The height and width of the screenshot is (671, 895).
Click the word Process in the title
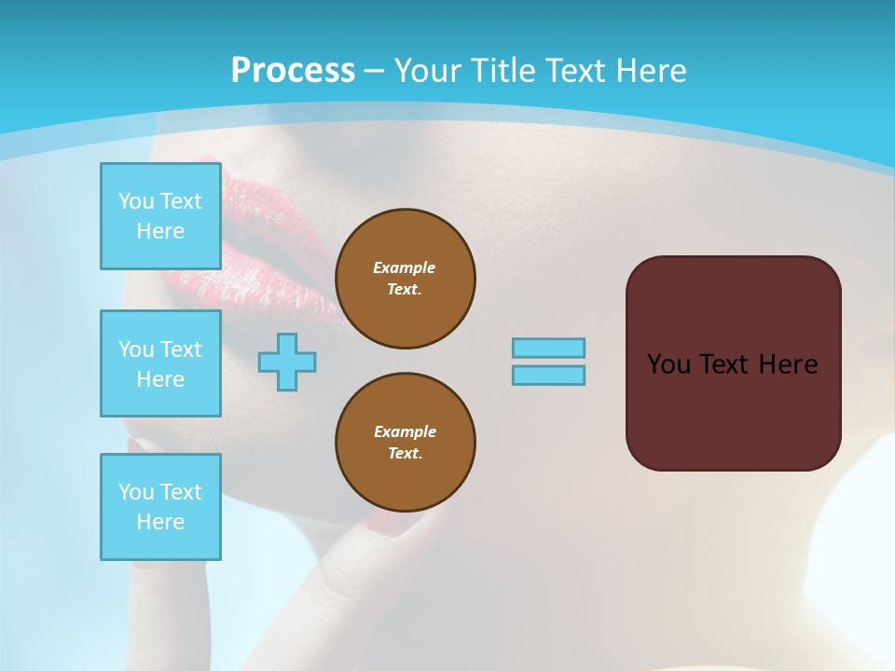[x=293, y=71]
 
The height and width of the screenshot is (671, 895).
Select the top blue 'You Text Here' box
[x=160, y=216]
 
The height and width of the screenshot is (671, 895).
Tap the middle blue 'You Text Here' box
[x=160, y=363]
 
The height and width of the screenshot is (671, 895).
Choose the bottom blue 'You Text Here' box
[x=160, y=506]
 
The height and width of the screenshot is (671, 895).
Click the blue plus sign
[x=287, y=362]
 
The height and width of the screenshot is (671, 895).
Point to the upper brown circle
[x=406, y=279]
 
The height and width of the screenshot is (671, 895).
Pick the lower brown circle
[x=406, y=443]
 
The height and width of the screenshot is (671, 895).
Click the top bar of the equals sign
[x=548, y=348]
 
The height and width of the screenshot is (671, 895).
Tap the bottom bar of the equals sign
[x=548, y=375]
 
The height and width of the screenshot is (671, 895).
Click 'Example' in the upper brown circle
[x=405, y=267]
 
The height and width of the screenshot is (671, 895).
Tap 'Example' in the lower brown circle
[x=405, y=431]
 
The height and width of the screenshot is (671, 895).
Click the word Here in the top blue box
[x=160, y=231]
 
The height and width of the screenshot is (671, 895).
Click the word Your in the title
[x=428, y=71]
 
